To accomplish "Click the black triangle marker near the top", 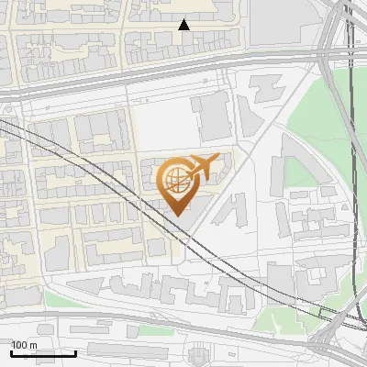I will click(183, 25).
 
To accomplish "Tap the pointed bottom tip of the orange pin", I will click(176, 215).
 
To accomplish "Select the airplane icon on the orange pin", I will click(202, 165).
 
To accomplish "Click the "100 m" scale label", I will click(24, 344).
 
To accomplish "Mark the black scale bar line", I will click(43, 353).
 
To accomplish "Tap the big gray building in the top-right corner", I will click(275, 23).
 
